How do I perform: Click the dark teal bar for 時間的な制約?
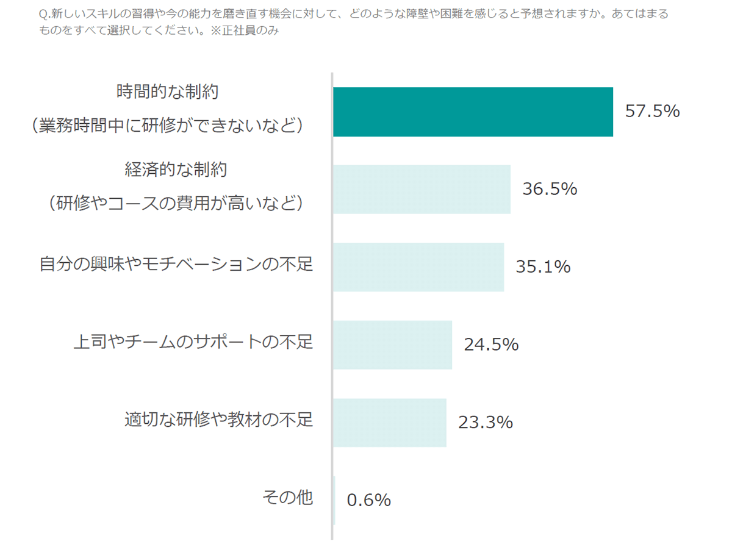(x=473, y=112)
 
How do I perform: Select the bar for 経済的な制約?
(x=422, y=189)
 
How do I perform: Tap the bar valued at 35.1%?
(x=418, y=267)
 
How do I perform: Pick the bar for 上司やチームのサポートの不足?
(x=392, y=345)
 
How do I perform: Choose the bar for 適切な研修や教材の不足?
(x=389, y=423)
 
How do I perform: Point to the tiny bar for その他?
(x=334, y=500)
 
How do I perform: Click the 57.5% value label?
(x=652, y=112)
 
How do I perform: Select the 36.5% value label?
(x=550, y=189)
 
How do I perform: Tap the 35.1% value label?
(x=543, y=267)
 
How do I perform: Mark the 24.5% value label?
(x=491, y=345)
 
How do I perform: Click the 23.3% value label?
(x=485, y=423)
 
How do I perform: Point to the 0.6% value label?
(x=368, y=500)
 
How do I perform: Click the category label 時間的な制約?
(x=168, y=92)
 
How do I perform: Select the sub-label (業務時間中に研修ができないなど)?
(x=168, y=125)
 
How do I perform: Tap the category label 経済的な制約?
(x=176, y=170)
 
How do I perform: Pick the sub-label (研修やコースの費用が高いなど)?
(x=176, y=202)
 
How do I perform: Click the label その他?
(x=288, y=498)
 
